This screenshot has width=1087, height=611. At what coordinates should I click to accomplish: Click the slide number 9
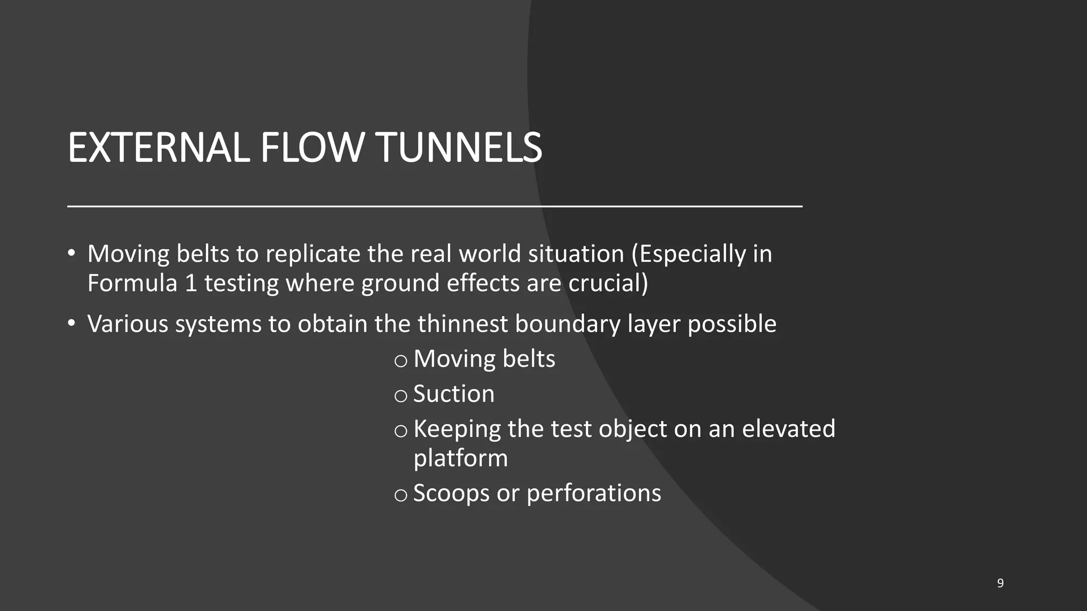(1000, 583)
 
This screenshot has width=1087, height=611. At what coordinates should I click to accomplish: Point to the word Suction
(454, 394)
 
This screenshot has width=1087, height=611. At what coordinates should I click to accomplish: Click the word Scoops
(451, 493)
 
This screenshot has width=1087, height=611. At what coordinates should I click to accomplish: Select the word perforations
(594, 493)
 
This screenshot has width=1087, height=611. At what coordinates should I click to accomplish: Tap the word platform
(461, 458)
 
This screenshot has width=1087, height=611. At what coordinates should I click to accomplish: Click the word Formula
(132, 283)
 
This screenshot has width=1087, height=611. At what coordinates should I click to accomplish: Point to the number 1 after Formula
(191, 283)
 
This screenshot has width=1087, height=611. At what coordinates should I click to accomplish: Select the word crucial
(608, 283)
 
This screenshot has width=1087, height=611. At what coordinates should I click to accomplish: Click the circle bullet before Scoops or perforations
(401, 495)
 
